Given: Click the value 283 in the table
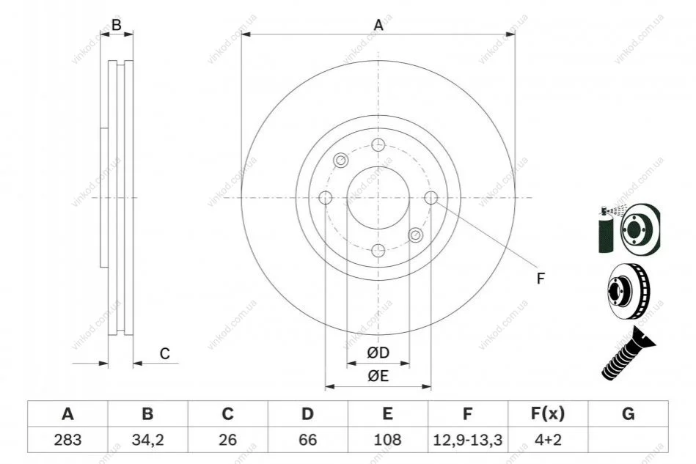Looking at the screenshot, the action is click(x=68, y=440).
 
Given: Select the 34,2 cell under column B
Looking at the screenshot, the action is click(x=148, y=440).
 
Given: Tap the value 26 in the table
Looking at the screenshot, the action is click(x=227, y=440).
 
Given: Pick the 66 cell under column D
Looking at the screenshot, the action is click(x=307, y=440).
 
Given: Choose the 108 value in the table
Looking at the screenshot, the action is click(x=387, y=440).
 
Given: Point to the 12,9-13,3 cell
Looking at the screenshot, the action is click(x=467, y=440).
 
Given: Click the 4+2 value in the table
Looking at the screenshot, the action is click(x=548, y=440).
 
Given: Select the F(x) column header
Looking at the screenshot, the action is click(x=548, y=413).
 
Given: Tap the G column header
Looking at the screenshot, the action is click(x=628, y=413).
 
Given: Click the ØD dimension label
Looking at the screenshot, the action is click(x=378, y=353).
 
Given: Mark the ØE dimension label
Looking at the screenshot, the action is click(x=378, y=376).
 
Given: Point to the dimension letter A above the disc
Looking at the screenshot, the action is click(x=378, y=25).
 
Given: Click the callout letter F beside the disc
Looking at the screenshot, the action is click(x=541, y=279).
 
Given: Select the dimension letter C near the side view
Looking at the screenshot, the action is click(x=165, y=353).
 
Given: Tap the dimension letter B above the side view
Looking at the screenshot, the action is click(x=117, y=25).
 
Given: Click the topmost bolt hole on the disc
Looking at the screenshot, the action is click(x=378, y=144).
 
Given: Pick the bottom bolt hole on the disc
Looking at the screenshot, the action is click(x=378, y=251).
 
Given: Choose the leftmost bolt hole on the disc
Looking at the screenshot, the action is click(x=326, y=198).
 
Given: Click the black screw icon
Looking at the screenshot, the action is click(x=628, y=353).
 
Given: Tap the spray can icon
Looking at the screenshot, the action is click(x=606, y=229).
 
